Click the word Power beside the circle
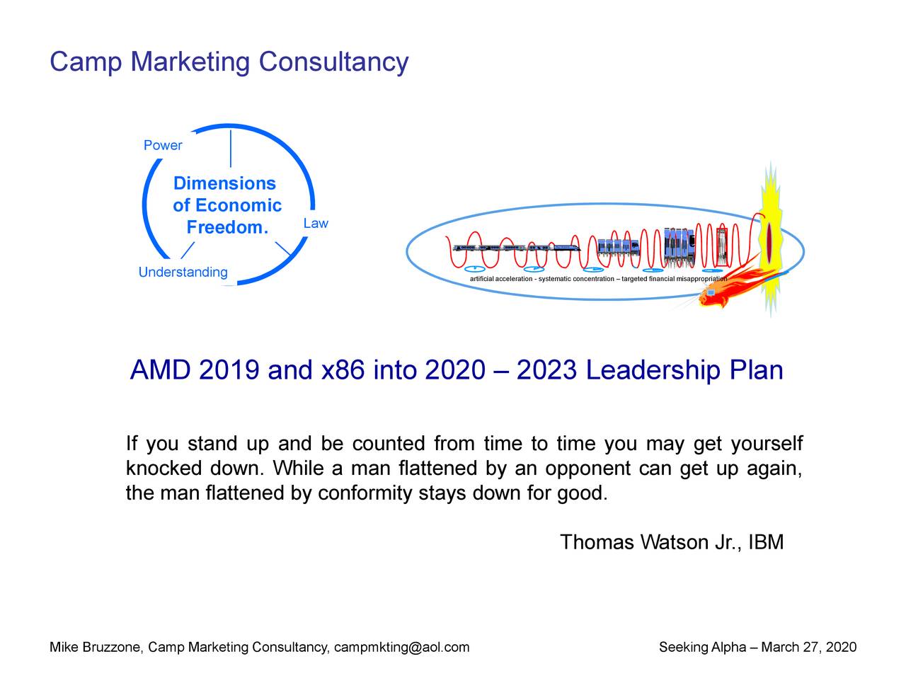(163, 146)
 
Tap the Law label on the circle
(316, 224)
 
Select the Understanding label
(183, 272)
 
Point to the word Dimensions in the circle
(224, 184)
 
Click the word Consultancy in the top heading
(333, 62)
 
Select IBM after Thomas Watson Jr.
(766, 543)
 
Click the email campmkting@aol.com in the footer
(401, 648)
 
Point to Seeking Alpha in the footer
(702, 648)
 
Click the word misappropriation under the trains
(701, 279)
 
